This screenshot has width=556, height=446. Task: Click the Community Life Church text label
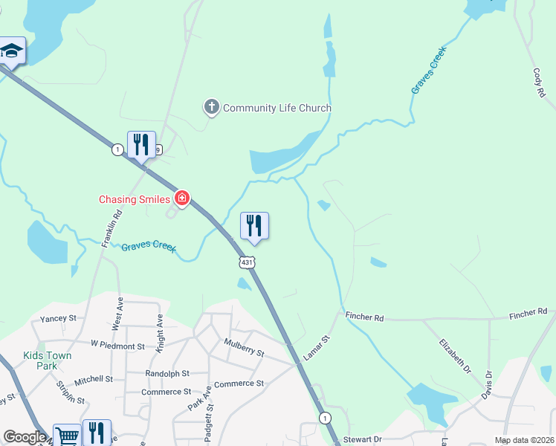(277, 109)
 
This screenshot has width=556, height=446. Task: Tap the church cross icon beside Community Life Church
(212, 108)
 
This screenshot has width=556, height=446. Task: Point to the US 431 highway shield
(247, 262)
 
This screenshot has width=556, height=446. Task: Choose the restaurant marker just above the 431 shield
(254, 226)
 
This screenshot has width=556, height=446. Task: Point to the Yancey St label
(59, 318)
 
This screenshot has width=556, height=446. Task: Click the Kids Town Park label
(48, 361)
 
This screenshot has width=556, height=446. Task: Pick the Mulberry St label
(244, 347)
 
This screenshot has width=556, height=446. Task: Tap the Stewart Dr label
(363, 439)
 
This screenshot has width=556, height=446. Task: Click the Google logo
(24, 437)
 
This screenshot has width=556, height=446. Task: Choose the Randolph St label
(167, 374)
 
